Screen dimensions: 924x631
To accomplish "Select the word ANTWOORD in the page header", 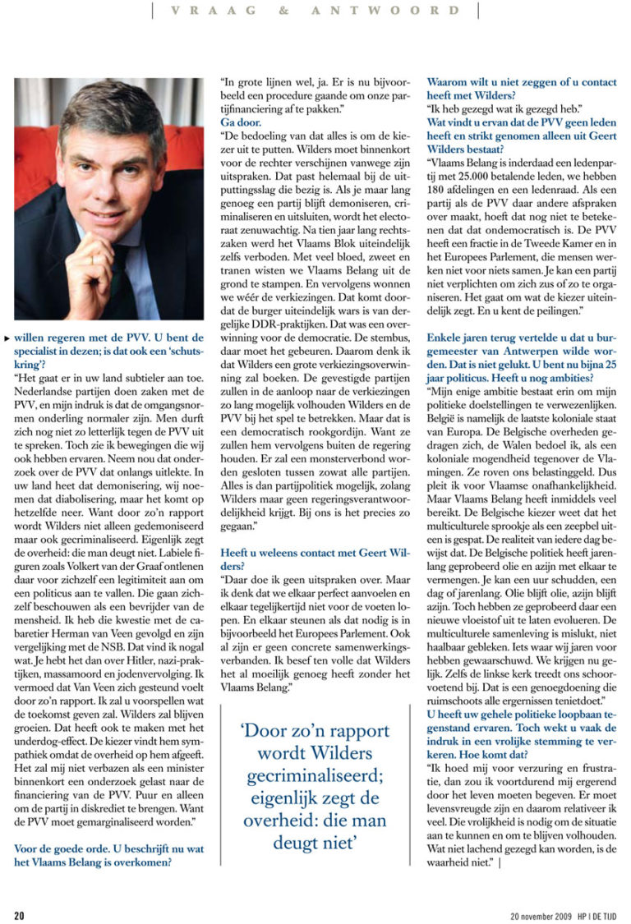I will click(x=385, y=11).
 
